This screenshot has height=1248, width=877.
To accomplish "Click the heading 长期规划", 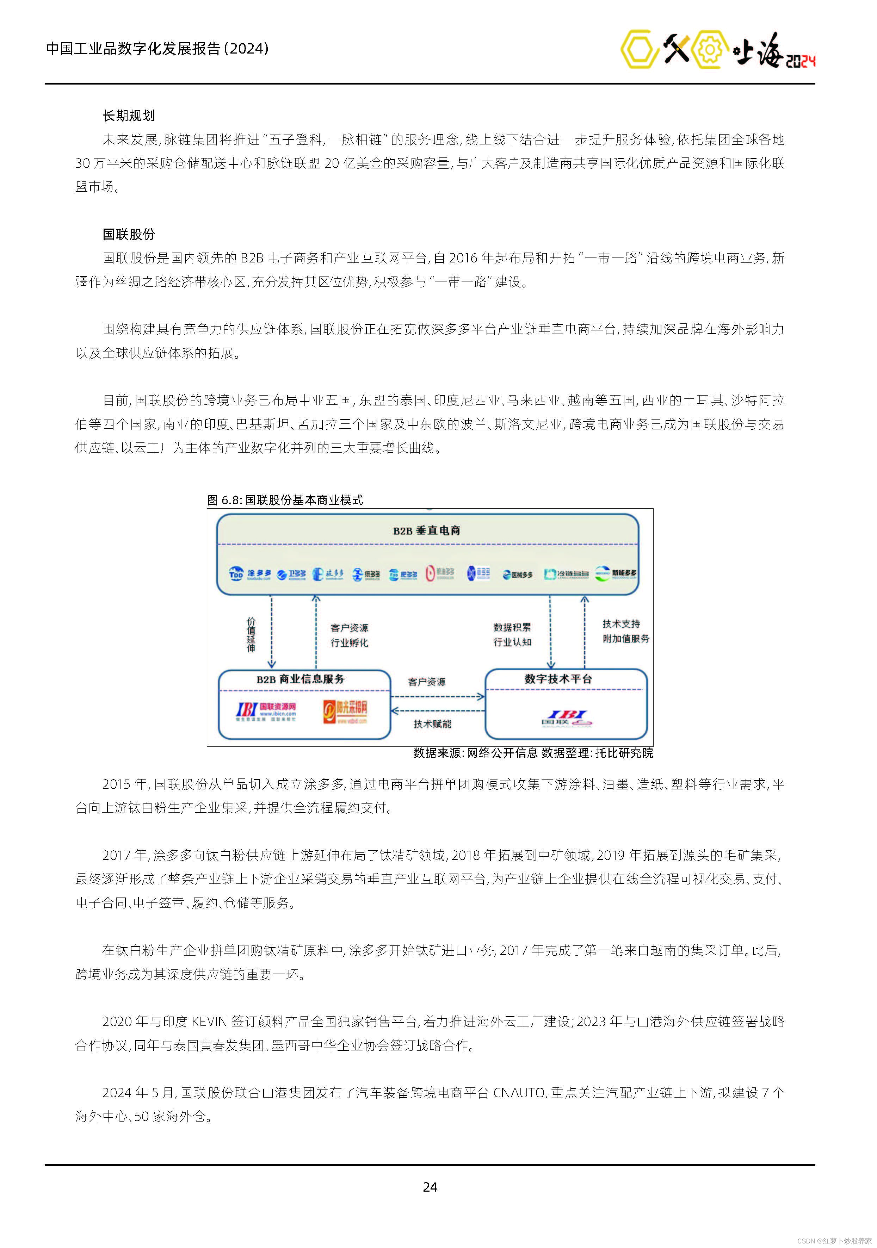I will coord(129,116).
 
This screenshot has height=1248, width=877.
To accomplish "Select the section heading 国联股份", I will coord(129,234).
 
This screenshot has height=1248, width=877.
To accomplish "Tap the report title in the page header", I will coord(157,49).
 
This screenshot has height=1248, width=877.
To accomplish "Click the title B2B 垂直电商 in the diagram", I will coord(427,530).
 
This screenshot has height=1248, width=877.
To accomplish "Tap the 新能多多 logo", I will coord(616,573).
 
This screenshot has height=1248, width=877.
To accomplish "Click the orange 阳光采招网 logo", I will coord(345,710).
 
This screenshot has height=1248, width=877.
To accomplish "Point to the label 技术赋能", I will coord(432,724).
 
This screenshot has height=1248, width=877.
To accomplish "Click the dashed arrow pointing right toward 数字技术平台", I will coord(438,696).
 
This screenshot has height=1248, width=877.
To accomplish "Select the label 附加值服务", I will coord(626,639).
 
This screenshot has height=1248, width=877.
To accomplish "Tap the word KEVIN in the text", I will coord(209,1022).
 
